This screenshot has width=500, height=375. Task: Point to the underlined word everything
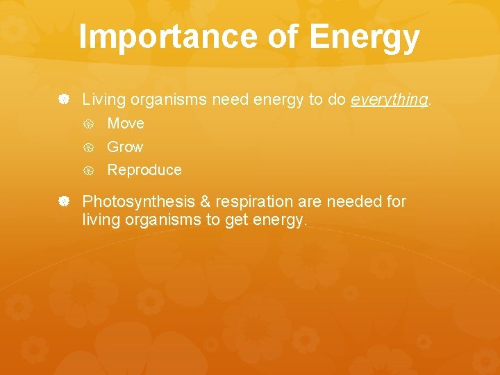(x=389, y=100)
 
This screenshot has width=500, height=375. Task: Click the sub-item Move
(x=126, y=124)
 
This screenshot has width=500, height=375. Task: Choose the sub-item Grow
(x=125, y=147)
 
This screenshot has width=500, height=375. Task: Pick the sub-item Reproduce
(x=144, y=170)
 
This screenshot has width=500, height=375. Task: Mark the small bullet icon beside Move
(x=89, y=124)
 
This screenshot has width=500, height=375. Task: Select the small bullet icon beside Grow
(x=89, y=147)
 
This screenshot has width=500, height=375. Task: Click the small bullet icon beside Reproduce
(x=89, y=170)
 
